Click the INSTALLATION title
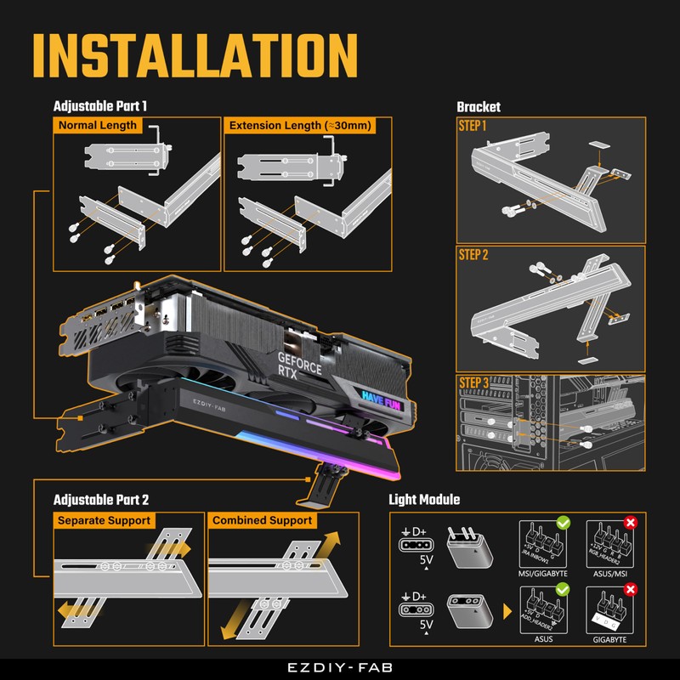point(194,56)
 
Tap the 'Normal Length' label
point(97,125)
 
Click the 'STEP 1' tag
point(473,126)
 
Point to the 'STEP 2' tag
point(473,254)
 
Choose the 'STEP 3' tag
point(473,383)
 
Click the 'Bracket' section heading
point(479,107)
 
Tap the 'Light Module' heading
point(424,500)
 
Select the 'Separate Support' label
point(104,520)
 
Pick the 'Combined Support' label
point(263,520)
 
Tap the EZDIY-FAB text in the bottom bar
point(340,668)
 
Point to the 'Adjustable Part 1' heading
point(100,107)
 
